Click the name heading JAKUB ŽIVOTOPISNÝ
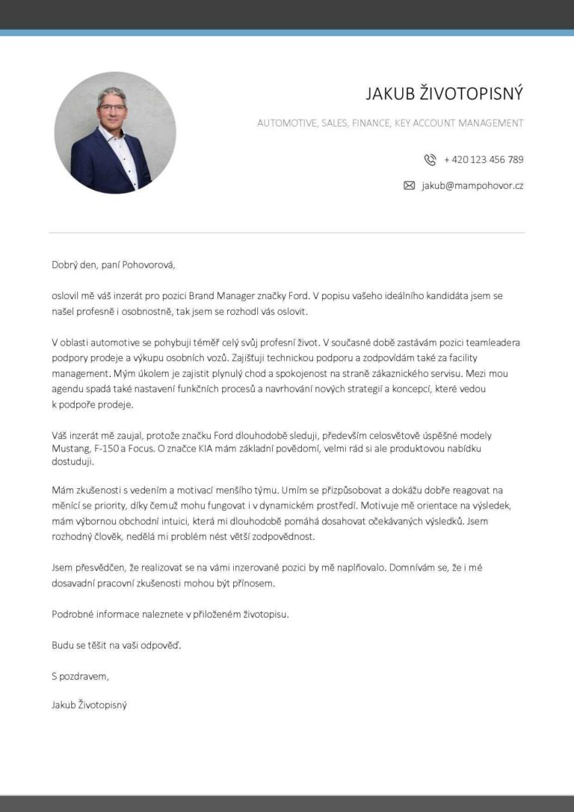pos(444,93)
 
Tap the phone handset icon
pos(430,159)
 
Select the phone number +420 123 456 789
pos(484,159)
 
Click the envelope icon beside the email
pos(409,185)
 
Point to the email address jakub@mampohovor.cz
pos(472,185)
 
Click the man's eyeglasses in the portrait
pos(112,108)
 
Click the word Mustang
pos(70,449)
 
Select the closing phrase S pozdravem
pos(80,676)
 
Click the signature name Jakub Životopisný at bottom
pos(89,704)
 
